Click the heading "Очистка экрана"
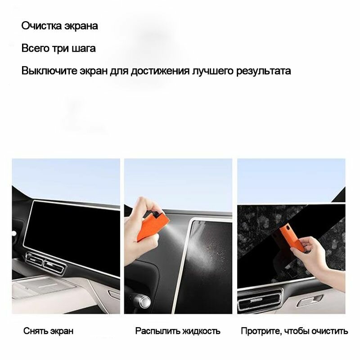(60, 26)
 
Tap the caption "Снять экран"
(49, 331)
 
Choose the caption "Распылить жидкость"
(178, 331)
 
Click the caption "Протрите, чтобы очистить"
(294, 331)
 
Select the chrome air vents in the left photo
(46, 263)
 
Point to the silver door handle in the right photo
(310, 301)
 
